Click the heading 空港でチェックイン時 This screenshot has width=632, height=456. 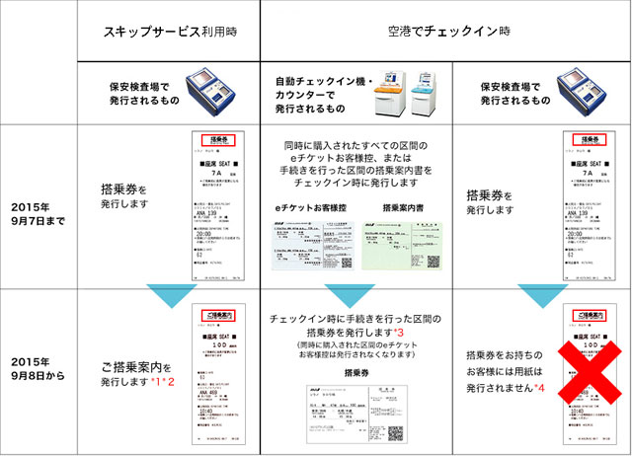click(446, 33)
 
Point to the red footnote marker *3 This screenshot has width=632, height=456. click(399, 335)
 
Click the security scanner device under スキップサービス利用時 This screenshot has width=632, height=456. click(215, 93)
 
